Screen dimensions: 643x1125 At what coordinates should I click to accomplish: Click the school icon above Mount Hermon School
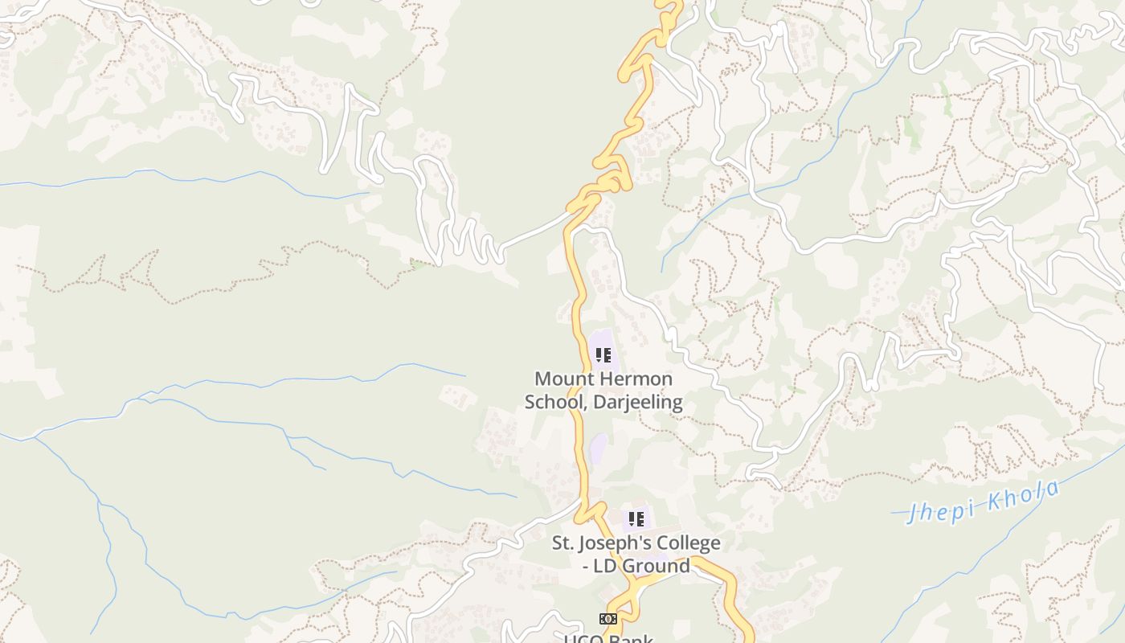tap(603, 355)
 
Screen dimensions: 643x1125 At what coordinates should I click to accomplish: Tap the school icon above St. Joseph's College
tap(636, 519)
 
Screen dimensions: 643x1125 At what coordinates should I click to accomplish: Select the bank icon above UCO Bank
tap(608, 618)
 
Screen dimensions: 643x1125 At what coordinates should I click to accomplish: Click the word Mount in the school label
tap(561, 379)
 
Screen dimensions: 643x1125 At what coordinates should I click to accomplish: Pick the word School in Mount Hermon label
tap(555, 402)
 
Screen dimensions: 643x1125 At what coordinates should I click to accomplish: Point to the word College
tap(689, 543)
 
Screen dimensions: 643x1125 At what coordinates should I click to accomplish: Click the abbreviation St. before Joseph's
tap(564, 543)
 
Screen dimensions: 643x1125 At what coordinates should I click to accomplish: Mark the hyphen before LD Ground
tap(587, 566)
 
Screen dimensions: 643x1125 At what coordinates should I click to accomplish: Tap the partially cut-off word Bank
tap(632, 639)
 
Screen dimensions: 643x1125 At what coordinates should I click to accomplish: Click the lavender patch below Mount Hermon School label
tap(599, 448)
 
